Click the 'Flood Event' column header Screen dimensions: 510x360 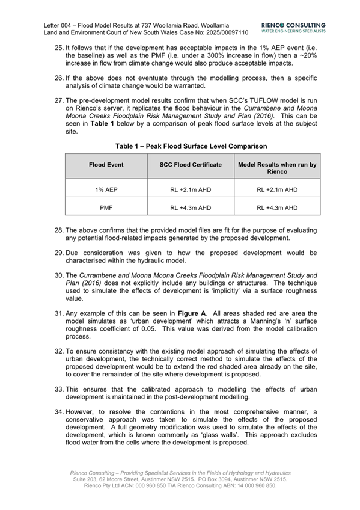tap(106, 165)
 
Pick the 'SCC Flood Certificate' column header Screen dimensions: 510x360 tap(191, 165)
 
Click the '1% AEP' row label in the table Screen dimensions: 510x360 tap(106, 189)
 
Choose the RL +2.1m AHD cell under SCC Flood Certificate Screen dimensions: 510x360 tap(191, 189)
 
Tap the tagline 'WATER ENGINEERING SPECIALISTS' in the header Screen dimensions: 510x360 tap(294, 30)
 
